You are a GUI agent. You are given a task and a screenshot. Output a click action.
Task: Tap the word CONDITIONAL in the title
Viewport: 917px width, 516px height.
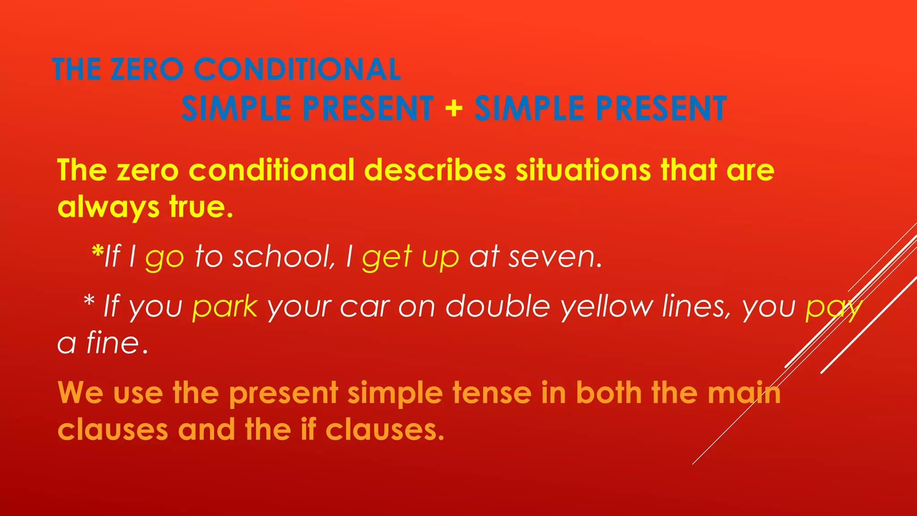click(x=297, y=69)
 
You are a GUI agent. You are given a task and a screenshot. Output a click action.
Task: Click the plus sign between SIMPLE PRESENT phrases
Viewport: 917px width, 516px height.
click(x=454, y=108)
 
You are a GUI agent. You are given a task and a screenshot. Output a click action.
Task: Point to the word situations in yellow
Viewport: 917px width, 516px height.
click(x=583, y=170)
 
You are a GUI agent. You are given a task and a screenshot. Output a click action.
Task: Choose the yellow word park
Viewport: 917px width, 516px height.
click(x=225, y=308)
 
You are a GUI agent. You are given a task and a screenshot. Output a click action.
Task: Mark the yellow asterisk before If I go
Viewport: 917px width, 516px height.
click(x=97, y=251)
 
